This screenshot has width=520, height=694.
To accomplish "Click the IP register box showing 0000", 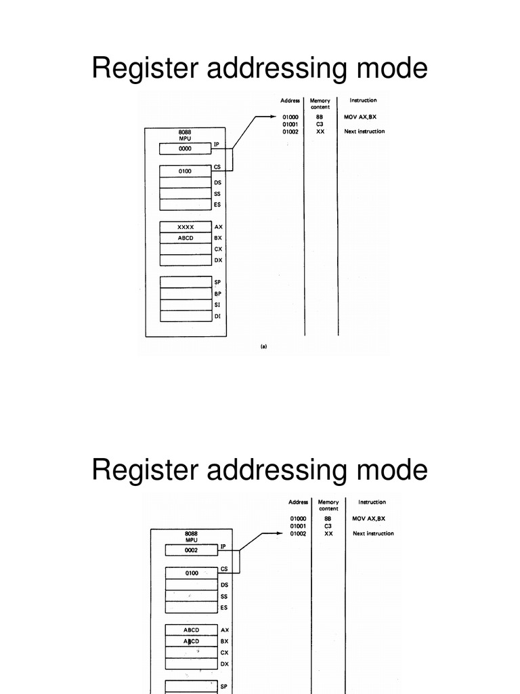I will point(186,148).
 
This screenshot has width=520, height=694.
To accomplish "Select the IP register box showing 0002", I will point(192,550).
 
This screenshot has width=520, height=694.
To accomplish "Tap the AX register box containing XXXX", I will point(186,227).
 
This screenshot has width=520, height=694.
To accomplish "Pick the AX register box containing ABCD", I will point(192,630).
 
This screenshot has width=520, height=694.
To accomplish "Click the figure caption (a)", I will point(263,346).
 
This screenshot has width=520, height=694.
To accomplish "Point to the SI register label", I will point(217,304).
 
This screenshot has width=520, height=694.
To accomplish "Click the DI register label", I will point(217,316).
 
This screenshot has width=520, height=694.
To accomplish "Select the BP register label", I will point(217,293).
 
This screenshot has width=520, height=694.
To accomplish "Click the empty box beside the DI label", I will point(186,316).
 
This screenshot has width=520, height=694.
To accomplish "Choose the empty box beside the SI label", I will point(186,304).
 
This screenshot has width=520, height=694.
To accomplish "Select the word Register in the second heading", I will point(145,470).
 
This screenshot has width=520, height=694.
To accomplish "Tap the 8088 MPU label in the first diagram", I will point(185,135).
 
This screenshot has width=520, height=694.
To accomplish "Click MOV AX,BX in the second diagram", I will point(370,518).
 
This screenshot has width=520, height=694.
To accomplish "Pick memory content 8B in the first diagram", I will point(320,117).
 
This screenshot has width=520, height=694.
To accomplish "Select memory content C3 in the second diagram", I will point(328,526).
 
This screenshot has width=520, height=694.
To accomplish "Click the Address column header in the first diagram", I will point(290,100).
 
